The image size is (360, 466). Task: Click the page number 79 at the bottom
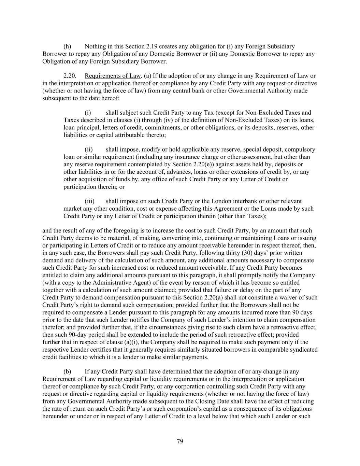180,441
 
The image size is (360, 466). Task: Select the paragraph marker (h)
67,46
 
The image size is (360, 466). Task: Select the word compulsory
300,150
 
